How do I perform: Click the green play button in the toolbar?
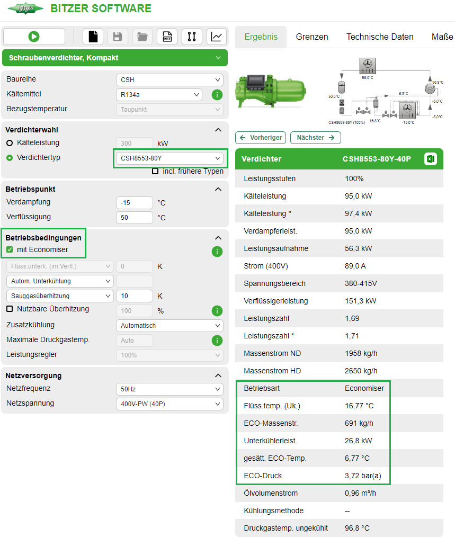coord(34,37)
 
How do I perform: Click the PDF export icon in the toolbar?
coord(167,37)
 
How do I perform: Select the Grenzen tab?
coord(312,37)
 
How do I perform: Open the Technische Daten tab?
coord(380,37)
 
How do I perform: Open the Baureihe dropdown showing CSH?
coord(169,80)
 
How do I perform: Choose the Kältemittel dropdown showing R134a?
coord(159,95)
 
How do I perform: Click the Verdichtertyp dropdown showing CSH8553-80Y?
coord(169,158)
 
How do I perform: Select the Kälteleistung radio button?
coord(10,143)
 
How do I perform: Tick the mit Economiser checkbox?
coord(10,250)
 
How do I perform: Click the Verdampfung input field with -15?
coord(134,203)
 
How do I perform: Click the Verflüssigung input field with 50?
coord(134,218)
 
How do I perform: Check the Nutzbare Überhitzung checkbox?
coord(10,309)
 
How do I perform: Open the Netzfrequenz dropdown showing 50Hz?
coord(169,389)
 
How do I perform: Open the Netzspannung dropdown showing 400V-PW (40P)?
coord(169,404)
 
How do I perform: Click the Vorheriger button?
coord(261,138)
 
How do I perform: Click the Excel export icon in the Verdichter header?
coord(431,159)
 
